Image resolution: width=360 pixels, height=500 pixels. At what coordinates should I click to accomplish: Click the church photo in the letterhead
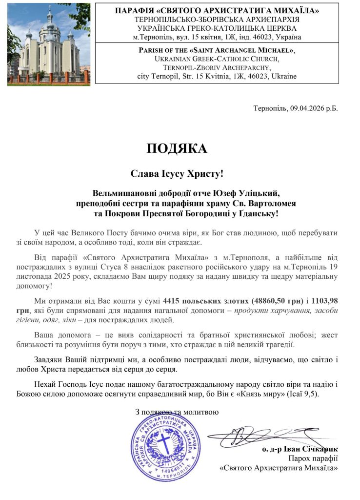49,44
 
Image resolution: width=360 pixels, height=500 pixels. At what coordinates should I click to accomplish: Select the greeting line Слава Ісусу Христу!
177,173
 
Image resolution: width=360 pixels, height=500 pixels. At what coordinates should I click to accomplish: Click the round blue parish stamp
166,446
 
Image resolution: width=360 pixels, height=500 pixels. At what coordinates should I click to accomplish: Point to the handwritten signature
263,434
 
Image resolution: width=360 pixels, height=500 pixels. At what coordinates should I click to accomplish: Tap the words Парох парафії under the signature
313,458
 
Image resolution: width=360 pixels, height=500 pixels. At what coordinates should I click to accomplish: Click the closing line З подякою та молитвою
177,412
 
